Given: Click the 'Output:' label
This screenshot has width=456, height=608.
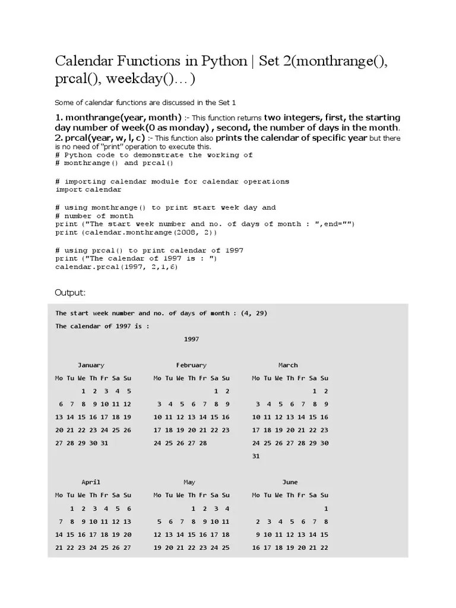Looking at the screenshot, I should pos(71,293).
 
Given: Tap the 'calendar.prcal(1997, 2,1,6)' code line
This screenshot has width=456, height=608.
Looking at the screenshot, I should pos(116,267).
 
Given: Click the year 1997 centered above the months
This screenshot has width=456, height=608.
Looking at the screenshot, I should pos(191,339).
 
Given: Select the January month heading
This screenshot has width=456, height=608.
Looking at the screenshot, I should pos(91,365).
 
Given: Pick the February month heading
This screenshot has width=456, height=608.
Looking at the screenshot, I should pos(191,365).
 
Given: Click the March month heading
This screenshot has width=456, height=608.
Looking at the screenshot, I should pos(288,365).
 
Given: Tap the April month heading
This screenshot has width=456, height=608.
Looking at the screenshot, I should pos(91,482).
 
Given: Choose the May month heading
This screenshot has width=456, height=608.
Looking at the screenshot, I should pos(189,482).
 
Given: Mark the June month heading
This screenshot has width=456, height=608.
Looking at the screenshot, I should pos(290,482).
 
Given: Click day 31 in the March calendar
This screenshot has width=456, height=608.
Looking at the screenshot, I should pos(256,457).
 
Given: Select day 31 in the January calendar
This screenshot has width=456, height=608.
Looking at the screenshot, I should pos(104,443).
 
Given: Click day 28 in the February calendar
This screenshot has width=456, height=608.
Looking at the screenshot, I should pos(202,443).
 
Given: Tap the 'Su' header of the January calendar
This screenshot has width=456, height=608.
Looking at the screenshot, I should pos(128,378).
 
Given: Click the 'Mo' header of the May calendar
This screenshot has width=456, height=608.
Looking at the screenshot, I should pos(157,495).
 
